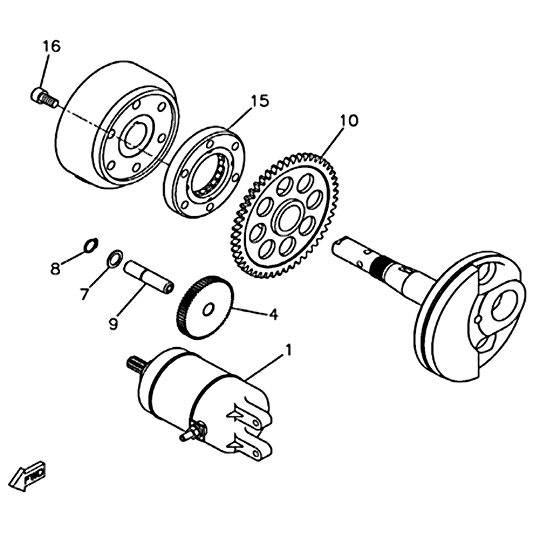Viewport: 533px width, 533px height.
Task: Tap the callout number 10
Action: coord(348,121)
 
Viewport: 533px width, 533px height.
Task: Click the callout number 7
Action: coord(85,293)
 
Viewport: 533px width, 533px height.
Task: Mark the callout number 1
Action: coord(288,348)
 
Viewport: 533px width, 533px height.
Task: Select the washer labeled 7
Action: coord(115,257)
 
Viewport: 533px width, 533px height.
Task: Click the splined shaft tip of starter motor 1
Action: coord(136,364)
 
